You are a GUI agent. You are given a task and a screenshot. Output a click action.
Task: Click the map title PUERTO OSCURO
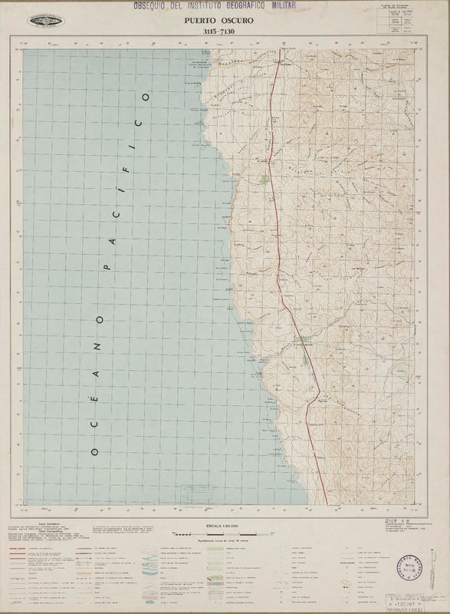click(225, 22)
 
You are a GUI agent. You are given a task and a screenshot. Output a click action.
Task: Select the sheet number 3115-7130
click(225, 31)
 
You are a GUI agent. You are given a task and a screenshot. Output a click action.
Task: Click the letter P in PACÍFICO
click(107, 269)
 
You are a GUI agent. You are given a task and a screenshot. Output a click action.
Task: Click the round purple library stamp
click(411, 568)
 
